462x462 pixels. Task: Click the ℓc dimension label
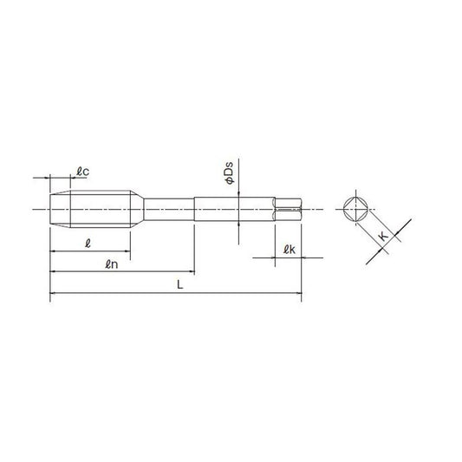(83, 172)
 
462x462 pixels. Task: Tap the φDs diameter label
(229, 173)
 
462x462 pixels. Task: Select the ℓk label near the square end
(290, 250)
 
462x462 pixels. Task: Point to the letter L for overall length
(180, 284)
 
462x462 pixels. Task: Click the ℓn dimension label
(112, 264)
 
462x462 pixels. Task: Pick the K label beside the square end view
(384, 236)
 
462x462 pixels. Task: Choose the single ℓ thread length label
(88, 244)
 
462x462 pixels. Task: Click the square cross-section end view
(356, 209)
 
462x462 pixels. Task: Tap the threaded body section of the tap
(101, 209)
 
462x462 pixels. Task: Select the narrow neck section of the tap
(169, 209)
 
